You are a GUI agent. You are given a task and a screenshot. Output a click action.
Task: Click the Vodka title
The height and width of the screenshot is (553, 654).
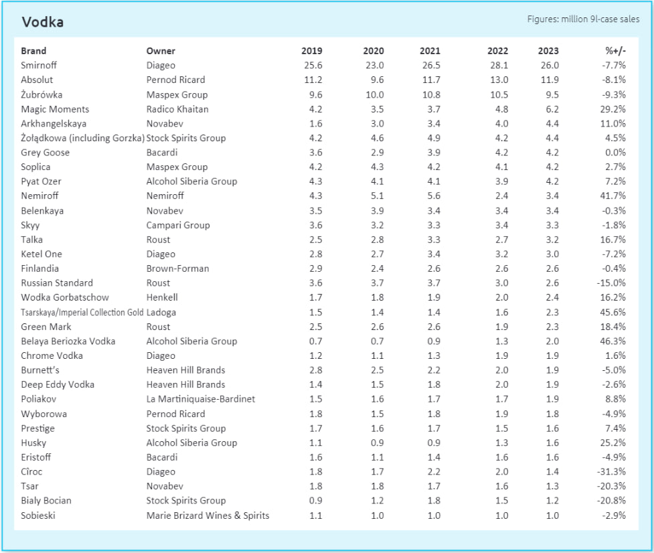click(x=43, y=22)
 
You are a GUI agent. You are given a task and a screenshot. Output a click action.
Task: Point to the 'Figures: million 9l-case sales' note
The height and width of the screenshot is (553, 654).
click(x=583, y=19)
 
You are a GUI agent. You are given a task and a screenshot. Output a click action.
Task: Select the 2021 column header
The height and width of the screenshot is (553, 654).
click(x=430, y=51)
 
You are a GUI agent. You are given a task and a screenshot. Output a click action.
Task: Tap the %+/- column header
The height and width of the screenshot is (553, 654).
click(x=615, y=51)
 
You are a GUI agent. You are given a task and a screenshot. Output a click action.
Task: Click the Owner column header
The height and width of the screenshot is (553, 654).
click(x=161, y=51)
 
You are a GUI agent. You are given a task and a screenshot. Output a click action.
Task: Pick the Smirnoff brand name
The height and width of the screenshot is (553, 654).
click(x=39, y=65)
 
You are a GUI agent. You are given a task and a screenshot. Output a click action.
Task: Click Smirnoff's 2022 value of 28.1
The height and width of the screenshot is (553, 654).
click(x=499, y=65)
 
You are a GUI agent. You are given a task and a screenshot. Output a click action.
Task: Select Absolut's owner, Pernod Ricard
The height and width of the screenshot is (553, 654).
click(x=175, y=80)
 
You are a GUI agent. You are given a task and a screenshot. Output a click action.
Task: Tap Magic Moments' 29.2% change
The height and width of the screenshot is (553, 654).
click(x=612, y=109)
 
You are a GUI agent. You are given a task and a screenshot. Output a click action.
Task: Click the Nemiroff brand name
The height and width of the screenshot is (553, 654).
click(x=39, y=195)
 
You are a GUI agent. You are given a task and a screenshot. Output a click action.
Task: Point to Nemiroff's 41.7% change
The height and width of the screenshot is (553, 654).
click(x=612, y=195)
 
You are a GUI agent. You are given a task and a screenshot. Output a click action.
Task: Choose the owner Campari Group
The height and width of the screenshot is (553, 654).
click(x=178, y=225)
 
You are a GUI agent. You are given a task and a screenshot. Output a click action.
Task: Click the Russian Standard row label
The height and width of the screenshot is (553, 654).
click(x=57, y=283)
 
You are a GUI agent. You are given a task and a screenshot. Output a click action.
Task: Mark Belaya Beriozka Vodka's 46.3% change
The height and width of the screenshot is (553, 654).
click(x=612, y=341)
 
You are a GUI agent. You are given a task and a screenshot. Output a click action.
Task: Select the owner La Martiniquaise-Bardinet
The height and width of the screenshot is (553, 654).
click(x=201, y=399)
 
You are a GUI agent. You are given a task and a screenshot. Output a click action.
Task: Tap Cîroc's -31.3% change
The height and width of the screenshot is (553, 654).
click(x=612, y=472)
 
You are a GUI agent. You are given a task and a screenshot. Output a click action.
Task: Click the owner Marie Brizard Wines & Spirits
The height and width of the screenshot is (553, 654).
click(x=208, y=516)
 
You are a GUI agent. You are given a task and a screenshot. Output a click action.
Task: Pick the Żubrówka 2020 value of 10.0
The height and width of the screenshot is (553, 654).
click(x=375, y=94)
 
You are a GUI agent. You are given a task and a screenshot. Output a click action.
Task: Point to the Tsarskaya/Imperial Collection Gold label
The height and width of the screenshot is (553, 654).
click(x=82, y=313)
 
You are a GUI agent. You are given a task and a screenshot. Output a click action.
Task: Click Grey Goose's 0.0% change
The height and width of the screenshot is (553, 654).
click(x=615, y=153)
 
